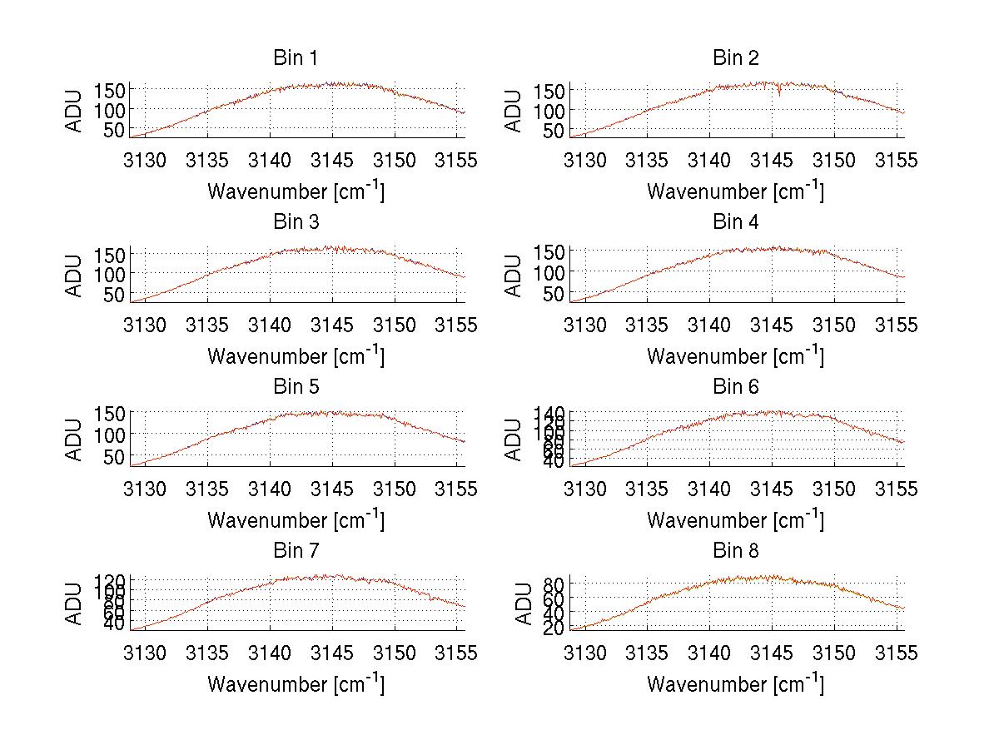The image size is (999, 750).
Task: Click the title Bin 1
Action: click(x=296, y=58)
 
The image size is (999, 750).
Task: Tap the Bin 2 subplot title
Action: click(x=736, y=58)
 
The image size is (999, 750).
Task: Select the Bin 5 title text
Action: click(x=296, y=387)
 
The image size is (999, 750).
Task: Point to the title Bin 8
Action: click(x=736, y=551)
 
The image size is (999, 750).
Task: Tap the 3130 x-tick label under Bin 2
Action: click(x=585, y=161)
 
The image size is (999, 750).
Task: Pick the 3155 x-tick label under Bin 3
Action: click(x=456, y=325)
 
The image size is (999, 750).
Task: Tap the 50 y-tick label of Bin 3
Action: click(x=116, y=294)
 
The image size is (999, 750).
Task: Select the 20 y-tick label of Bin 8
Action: click(x=555, y=628)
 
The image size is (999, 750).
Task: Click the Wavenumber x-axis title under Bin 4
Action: click(x=736, y=356)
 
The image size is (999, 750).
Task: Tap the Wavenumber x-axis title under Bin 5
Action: click(x=296, y=520)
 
